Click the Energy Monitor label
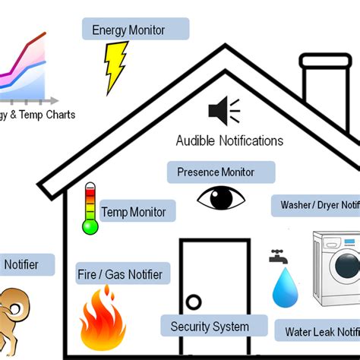tap(135, 30)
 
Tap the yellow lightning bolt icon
tap(115, 66)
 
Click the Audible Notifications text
tap(229, 141)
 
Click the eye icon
tap(222, 199)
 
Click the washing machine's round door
tap(346, 266)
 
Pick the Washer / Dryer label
tap(316, 205)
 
